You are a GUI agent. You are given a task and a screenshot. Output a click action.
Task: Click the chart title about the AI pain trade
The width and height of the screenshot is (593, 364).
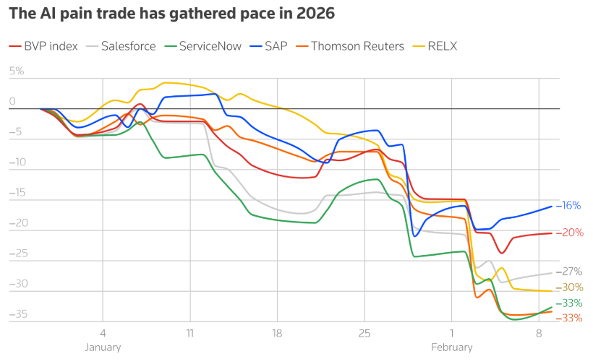coord(171,14)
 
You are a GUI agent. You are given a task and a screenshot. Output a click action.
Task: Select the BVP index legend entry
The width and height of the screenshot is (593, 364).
coord(51,46)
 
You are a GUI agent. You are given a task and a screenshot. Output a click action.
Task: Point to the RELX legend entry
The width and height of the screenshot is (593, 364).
coord(442,46)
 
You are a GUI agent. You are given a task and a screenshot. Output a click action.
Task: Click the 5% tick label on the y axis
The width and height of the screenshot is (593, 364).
coord(17,71)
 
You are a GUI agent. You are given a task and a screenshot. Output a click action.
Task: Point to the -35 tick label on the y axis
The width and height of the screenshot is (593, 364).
coord(17,315)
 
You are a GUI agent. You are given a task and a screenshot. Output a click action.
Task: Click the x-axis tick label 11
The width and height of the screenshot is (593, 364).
coord(190,334)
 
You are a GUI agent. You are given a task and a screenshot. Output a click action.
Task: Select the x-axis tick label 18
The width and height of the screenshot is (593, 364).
coord(277,334)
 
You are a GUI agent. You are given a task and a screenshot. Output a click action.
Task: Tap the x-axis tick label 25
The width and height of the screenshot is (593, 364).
coord(364,334)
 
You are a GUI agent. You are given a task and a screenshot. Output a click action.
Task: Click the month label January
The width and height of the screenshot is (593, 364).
coord(103,347)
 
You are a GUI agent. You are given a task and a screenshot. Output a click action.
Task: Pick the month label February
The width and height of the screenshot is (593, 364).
coord(451,347)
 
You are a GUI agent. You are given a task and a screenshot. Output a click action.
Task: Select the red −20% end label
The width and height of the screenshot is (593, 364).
coord(570,233)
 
